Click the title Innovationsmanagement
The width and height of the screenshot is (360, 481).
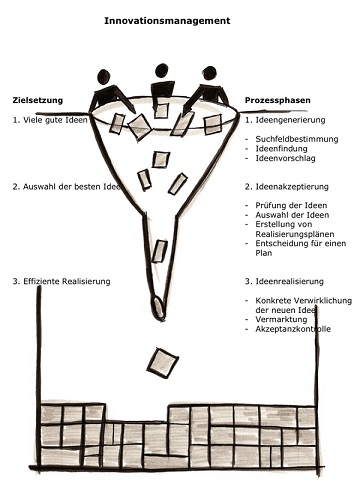coord(167,21)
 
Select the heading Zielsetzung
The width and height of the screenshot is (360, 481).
coord(38,100)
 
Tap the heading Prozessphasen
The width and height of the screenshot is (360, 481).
coord(278,100)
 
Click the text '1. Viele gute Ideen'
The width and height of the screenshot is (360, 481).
coord(50,120)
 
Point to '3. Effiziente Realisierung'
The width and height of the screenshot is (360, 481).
coord(61,281)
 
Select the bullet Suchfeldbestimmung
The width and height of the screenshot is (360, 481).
coord(297,139)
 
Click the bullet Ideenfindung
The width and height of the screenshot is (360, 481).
coord(281,148)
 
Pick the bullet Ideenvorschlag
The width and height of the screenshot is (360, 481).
coord(285,158)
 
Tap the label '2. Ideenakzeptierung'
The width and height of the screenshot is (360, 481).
coord(287,187)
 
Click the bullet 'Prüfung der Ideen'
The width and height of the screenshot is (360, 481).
coord(291,205)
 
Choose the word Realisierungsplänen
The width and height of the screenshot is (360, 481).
coord(295,234)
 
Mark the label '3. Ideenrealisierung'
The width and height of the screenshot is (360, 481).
coord(284,281)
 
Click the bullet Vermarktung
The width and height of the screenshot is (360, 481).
coord(281,319)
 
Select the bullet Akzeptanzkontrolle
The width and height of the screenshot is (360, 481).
coord(293,329)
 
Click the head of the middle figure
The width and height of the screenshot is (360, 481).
coord(162,71)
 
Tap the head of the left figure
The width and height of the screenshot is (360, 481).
coord(104,77)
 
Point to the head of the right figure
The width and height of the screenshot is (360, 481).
coord(210,73)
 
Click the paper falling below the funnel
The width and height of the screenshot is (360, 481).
coord(163,363)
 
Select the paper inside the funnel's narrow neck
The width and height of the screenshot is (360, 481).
coord(160,251)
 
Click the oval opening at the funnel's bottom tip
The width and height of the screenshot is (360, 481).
coord(158,307)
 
